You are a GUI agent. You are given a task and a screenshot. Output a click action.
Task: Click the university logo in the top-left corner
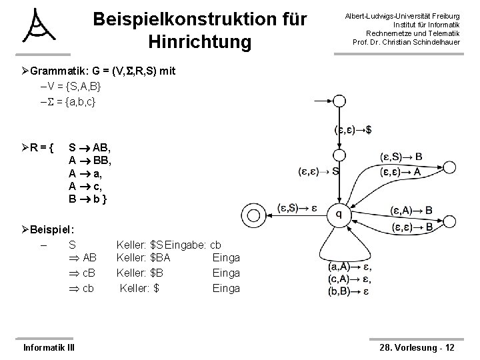point(40,28)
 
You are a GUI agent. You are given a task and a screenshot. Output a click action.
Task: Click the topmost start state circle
point(339,101)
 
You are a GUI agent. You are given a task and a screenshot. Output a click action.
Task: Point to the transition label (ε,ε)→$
point(353,129)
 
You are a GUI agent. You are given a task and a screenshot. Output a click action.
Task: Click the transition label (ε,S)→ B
point(401,157)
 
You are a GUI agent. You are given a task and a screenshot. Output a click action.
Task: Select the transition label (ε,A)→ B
point(411,211)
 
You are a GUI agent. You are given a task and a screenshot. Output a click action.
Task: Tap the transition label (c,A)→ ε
point(349,278)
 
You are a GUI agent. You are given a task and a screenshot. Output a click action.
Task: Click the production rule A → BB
point(89,160)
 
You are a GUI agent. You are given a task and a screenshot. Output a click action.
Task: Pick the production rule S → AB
point(89,147)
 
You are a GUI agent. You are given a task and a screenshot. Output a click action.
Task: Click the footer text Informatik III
point(49,347)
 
